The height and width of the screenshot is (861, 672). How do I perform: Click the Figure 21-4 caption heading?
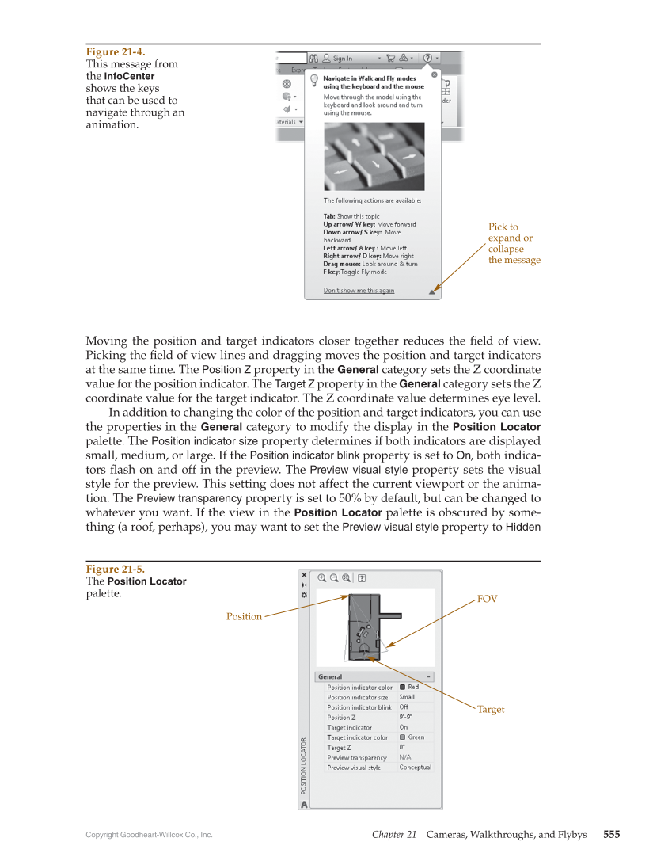tap(115, 51)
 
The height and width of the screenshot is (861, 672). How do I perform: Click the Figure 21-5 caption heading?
tap(115, 569)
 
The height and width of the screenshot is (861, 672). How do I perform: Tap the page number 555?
tap(611, 834)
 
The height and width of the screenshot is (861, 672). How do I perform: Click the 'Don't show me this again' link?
tap(359, 291)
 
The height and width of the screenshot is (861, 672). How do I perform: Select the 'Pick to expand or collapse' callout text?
tap(514, 243)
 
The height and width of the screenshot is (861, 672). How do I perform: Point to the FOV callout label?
tap(487, 600)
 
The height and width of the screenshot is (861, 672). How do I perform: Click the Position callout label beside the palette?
tap(244, 616)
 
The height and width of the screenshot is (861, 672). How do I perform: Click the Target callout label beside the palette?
tap(490, 710)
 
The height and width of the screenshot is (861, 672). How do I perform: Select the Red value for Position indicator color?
tap(413, 687)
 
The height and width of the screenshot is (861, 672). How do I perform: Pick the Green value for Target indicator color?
tap(416, 737)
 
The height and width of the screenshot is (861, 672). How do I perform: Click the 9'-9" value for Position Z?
tap(406, 717)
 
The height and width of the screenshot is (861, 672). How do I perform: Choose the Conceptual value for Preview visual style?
tap(415, 768)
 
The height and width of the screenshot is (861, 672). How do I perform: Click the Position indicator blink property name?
tap(359, 707)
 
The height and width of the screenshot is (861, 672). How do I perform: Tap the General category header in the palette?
tap(331, 677)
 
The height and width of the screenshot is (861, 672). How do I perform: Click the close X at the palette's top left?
tap(304, 575)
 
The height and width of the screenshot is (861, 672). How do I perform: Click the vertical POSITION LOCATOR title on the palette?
tap(303, 765)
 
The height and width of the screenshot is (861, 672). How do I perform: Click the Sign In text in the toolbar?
tap(343, 58)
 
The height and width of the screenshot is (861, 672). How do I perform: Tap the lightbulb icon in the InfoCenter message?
tap(313, 80)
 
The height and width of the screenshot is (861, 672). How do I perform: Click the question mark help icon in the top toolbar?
tap(427, 58)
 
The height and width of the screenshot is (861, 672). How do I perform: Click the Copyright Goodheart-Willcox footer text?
tap(149, 835)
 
